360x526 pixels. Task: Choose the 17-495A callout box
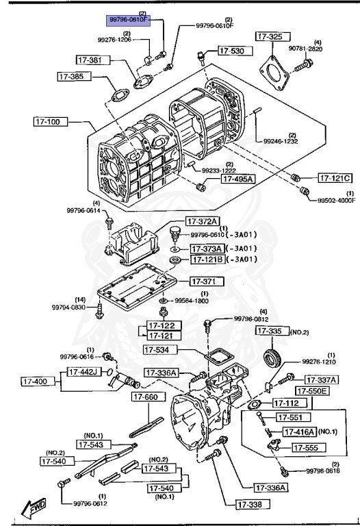click(236, 179)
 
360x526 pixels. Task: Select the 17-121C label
click(335, 178)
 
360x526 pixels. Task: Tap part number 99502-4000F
click(336, 200)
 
